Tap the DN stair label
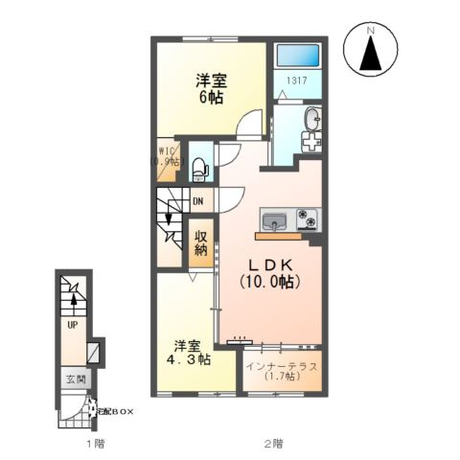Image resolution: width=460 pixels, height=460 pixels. click(x=197, y=201)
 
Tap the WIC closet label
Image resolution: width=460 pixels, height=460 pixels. click(x=166, y=155)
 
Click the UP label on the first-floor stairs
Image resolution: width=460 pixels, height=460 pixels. click(x=72, y=325)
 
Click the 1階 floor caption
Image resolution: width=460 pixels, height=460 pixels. click(x=93, y=444)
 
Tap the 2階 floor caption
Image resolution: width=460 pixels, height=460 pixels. click(x=274, y=444)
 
